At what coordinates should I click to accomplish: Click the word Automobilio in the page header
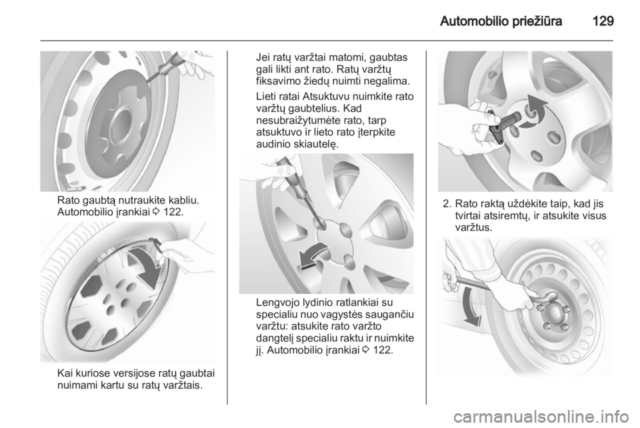pyautogui.click(x=471, y=21)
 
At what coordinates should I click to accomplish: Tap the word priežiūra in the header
pyautogui.click(x=535, y=21)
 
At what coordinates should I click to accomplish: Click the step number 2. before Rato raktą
pyautogui.click(x=447, y=203)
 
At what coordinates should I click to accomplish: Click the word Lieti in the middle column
pyautogui.click(x=264, y=97)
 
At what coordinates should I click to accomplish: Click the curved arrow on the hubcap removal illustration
pyautogui.click(x=146, y=267)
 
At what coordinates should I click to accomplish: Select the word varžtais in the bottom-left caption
pyautogui.click(x=184, y=385)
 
